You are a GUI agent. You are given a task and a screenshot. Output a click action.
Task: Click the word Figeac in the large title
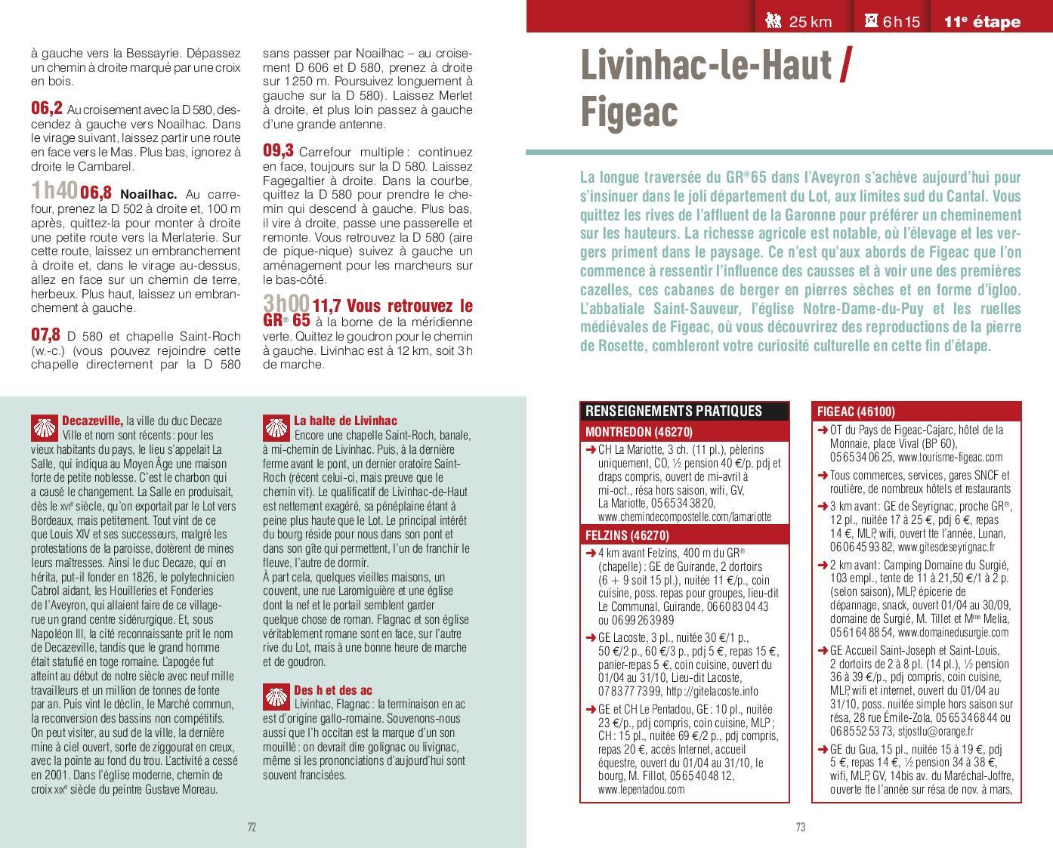coord(629,112)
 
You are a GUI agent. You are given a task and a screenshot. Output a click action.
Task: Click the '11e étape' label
coord(982,22)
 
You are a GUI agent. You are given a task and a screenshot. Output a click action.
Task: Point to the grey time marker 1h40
coord(54,192)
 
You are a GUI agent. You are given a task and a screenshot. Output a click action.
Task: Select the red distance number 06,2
coord(46,108)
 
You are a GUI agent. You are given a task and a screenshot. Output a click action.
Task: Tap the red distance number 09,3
coord(278,151)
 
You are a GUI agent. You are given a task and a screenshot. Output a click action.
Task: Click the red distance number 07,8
coord(45,335)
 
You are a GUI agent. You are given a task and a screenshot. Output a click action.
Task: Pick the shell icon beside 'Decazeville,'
coord(45,427)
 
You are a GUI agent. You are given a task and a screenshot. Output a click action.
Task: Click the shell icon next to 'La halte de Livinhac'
coord(276,427)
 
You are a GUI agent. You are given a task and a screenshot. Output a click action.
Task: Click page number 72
coord(252,827)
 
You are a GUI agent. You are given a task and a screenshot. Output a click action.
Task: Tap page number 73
coord(800,827)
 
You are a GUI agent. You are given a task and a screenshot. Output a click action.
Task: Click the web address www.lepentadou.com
coord(641,790)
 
